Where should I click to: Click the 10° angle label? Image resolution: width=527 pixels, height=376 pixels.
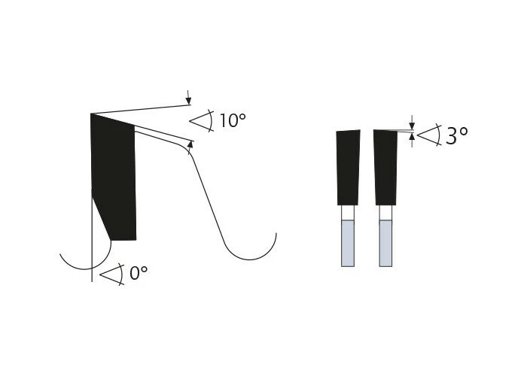pyautogui.click(x=233, y=120)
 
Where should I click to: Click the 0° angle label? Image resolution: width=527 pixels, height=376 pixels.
pyautogui.click(x=139, y=273)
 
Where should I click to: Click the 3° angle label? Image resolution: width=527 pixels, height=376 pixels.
pyautogui.click(x=456, y=135)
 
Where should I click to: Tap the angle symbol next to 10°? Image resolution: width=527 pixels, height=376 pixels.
pyautogui.click(x=202, y=120)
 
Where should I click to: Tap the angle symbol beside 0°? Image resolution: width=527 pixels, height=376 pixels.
pyautogui.click(x=112, y=274)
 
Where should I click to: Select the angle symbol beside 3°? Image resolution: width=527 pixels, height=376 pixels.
pyautogui.click(x=429, y=135)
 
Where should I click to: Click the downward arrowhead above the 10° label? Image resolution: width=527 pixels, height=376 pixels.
pyautogui.click(x=188, y=100)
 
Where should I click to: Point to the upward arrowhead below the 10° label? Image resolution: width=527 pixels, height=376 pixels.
pyautogui.click(x=190, y=145)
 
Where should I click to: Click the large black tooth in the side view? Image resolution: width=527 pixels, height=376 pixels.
pyautogui.click(x=113, y=177)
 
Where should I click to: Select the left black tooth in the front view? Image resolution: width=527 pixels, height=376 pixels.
pyautogui.click(x=348, y=167)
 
